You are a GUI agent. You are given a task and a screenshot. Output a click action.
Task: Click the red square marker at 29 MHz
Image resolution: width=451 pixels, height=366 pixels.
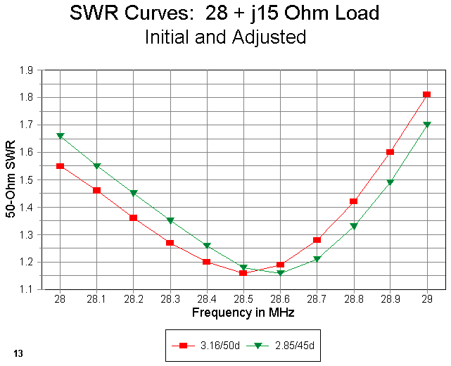click(x=427, y=94)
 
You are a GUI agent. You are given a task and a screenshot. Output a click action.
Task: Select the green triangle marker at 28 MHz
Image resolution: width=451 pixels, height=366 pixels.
click(x=61, y=136)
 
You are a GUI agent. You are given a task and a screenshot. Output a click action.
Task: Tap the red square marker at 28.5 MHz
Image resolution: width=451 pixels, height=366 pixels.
click(x=243, y=272)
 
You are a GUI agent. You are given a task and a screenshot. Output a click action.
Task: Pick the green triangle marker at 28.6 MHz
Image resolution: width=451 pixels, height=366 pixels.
click(x=280, y=272)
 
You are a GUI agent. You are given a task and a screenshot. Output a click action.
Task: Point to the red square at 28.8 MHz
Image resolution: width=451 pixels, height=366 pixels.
click(x=354, y=201)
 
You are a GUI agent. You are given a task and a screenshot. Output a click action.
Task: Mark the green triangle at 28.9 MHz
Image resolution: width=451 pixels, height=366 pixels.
click(x=390, y=182)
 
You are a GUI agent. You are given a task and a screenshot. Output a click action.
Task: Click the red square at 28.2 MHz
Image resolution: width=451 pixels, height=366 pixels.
click(x=134, y=217)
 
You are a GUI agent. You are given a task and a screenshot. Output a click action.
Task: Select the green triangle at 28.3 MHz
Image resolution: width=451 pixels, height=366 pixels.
click(x=170, y=220)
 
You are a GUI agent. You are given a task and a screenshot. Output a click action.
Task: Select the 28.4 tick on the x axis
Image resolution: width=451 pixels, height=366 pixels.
click(x=207, y=298)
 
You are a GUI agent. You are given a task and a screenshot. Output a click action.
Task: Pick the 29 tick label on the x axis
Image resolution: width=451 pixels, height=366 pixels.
click(x=427, y=298)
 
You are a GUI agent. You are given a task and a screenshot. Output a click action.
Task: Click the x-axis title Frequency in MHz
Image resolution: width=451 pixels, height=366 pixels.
click(x=243, y=311)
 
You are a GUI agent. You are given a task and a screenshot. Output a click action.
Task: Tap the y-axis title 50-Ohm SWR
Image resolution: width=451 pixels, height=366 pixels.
click(x=11, y=179)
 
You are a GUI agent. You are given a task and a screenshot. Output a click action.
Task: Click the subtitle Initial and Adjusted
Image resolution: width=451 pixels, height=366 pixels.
click(x=225, y=37)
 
